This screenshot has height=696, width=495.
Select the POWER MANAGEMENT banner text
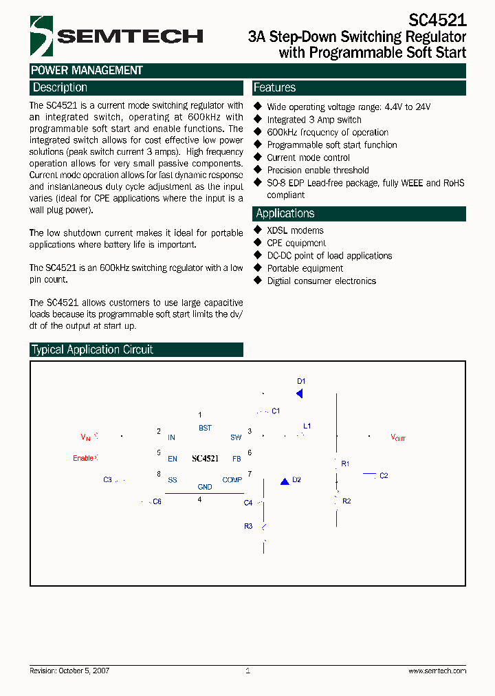[87, 70]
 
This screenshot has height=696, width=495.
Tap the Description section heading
[60, 88]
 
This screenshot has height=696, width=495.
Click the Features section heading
[275, 88]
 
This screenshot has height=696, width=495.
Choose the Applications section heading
[285, 213]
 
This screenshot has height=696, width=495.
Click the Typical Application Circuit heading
[92, 349]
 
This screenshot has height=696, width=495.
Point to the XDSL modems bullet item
[295, 230]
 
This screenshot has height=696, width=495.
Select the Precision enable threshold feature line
[318, 170]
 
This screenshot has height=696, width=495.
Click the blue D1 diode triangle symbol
[300, 393]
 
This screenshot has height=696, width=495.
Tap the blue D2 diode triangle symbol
[285, 481]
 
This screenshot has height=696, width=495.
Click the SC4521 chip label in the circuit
[205, 459]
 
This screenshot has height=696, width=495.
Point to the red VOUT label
[398, 437]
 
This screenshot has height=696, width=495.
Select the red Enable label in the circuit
[83, 458]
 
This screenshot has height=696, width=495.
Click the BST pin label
[205, 428]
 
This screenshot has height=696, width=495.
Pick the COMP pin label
[232, 480]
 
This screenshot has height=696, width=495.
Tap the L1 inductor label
[307, 426]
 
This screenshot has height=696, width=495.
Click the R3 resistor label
[248, 526]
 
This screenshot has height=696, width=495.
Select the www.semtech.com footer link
[437, 671]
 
